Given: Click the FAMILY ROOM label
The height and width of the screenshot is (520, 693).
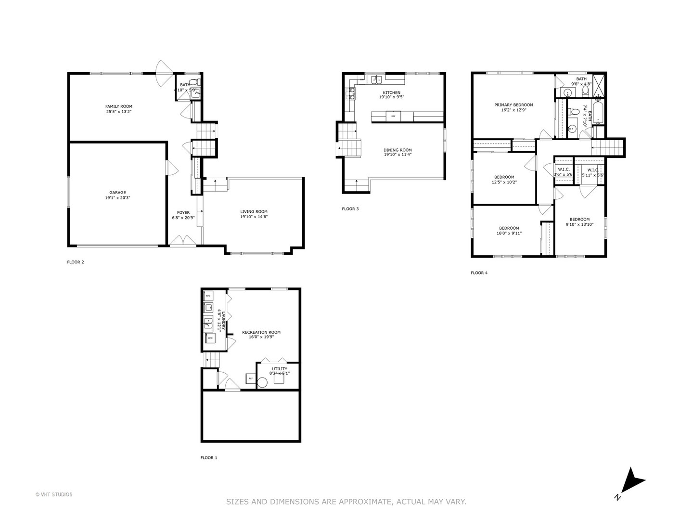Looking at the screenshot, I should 118,106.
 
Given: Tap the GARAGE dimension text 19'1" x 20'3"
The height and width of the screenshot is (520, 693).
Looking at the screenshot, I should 118,197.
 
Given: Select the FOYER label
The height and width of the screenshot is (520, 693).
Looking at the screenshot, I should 183,212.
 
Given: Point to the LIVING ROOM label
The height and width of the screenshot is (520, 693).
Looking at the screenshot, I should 254,211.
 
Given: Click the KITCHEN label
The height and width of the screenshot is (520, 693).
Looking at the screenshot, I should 391,93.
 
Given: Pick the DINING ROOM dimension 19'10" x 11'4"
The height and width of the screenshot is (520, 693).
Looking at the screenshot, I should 398,155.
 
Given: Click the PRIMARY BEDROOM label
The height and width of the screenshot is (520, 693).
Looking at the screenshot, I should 513,105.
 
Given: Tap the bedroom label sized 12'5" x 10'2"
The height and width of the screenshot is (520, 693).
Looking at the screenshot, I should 504,177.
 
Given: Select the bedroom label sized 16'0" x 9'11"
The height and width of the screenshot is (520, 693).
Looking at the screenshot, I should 509,228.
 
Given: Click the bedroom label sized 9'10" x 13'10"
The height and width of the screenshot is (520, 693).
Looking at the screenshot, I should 579,220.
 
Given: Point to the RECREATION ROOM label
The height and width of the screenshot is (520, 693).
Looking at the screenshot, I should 261,332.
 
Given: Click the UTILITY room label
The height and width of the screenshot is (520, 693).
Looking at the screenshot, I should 279,369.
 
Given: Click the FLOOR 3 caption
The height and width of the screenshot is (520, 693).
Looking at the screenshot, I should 350,209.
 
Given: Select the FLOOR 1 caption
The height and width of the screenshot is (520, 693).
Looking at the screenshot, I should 208,458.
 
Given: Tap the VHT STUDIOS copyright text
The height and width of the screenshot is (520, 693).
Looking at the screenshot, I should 54,494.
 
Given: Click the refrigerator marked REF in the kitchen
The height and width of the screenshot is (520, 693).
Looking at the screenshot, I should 393,116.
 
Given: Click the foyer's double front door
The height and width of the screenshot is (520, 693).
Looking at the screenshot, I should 183,242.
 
